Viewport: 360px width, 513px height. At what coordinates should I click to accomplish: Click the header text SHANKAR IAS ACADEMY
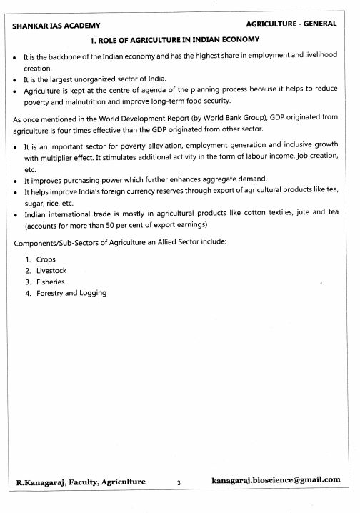(x=51, y=25)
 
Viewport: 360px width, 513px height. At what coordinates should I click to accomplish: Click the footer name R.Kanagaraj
(x=46, y=482)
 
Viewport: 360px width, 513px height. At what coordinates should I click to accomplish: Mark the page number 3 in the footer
(x=179, y=483)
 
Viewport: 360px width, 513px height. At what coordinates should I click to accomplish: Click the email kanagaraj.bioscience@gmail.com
(x=276, y=480)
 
